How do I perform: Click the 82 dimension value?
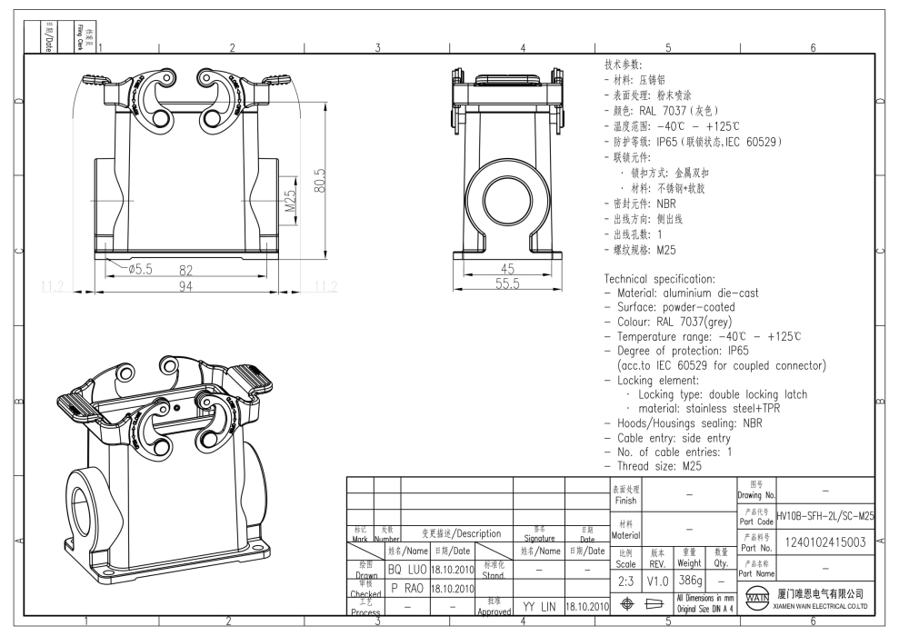186,270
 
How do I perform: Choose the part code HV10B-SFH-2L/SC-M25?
825,515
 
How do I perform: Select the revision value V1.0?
657,579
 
